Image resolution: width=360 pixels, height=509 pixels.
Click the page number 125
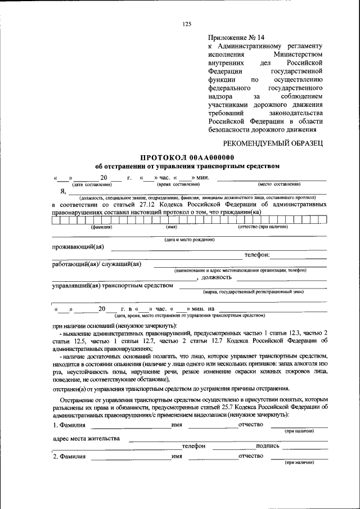(187, 24)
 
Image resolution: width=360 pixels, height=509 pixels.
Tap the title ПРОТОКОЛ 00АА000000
(187, 157)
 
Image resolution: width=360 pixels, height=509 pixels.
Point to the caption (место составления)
(280, 184)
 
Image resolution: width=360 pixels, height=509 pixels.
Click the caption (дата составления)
(92, 184)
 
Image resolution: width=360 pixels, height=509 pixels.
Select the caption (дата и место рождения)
(189, 240)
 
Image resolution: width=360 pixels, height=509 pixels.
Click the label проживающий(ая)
(78, 247)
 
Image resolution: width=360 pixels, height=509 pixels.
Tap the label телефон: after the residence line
(257, 255)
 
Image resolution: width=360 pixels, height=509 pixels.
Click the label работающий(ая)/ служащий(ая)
(96, 264)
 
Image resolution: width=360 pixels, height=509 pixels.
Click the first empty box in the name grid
(56, 220)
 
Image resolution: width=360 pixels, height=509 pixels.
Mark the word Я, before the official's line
(64, 191)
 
